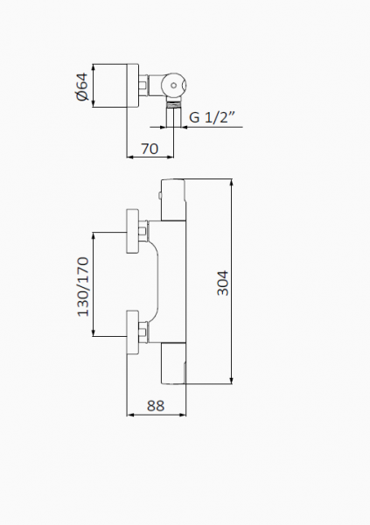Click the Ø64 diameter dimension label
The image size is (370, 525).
82,87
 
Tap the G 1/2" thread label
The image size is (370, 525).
212,117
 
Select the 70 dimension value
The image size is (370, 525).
150,149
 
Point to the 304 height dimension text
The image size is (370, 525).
223,283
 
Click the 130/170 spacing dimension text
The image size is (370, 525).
83,287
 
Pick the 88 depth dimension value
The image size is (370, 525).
156,406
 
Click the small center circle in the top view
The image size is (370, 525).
173,86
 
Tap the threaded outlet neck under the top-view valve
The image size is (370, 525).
174,103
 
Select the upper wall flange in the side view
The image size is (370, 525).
132,231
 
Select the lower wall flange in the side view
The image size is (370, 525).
132,332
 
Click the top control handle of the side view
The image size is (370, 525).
173,199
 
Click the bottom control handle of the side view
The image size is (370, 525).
173,363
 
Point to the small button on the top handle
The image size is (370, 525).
160,195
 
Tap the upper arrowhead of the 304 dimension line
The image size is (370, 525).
232,183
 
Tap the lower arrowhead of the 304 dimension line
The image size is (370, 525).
232,381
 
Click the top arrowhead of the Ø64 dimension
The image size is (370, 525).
94,67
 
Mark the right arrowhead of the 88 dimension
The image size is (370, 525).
183,415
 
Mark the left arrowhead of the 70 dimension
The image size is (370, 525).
130,157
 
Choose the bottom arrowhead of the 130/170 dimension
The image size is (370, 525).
94,332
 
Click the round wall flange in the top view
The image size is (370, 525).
132,86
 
